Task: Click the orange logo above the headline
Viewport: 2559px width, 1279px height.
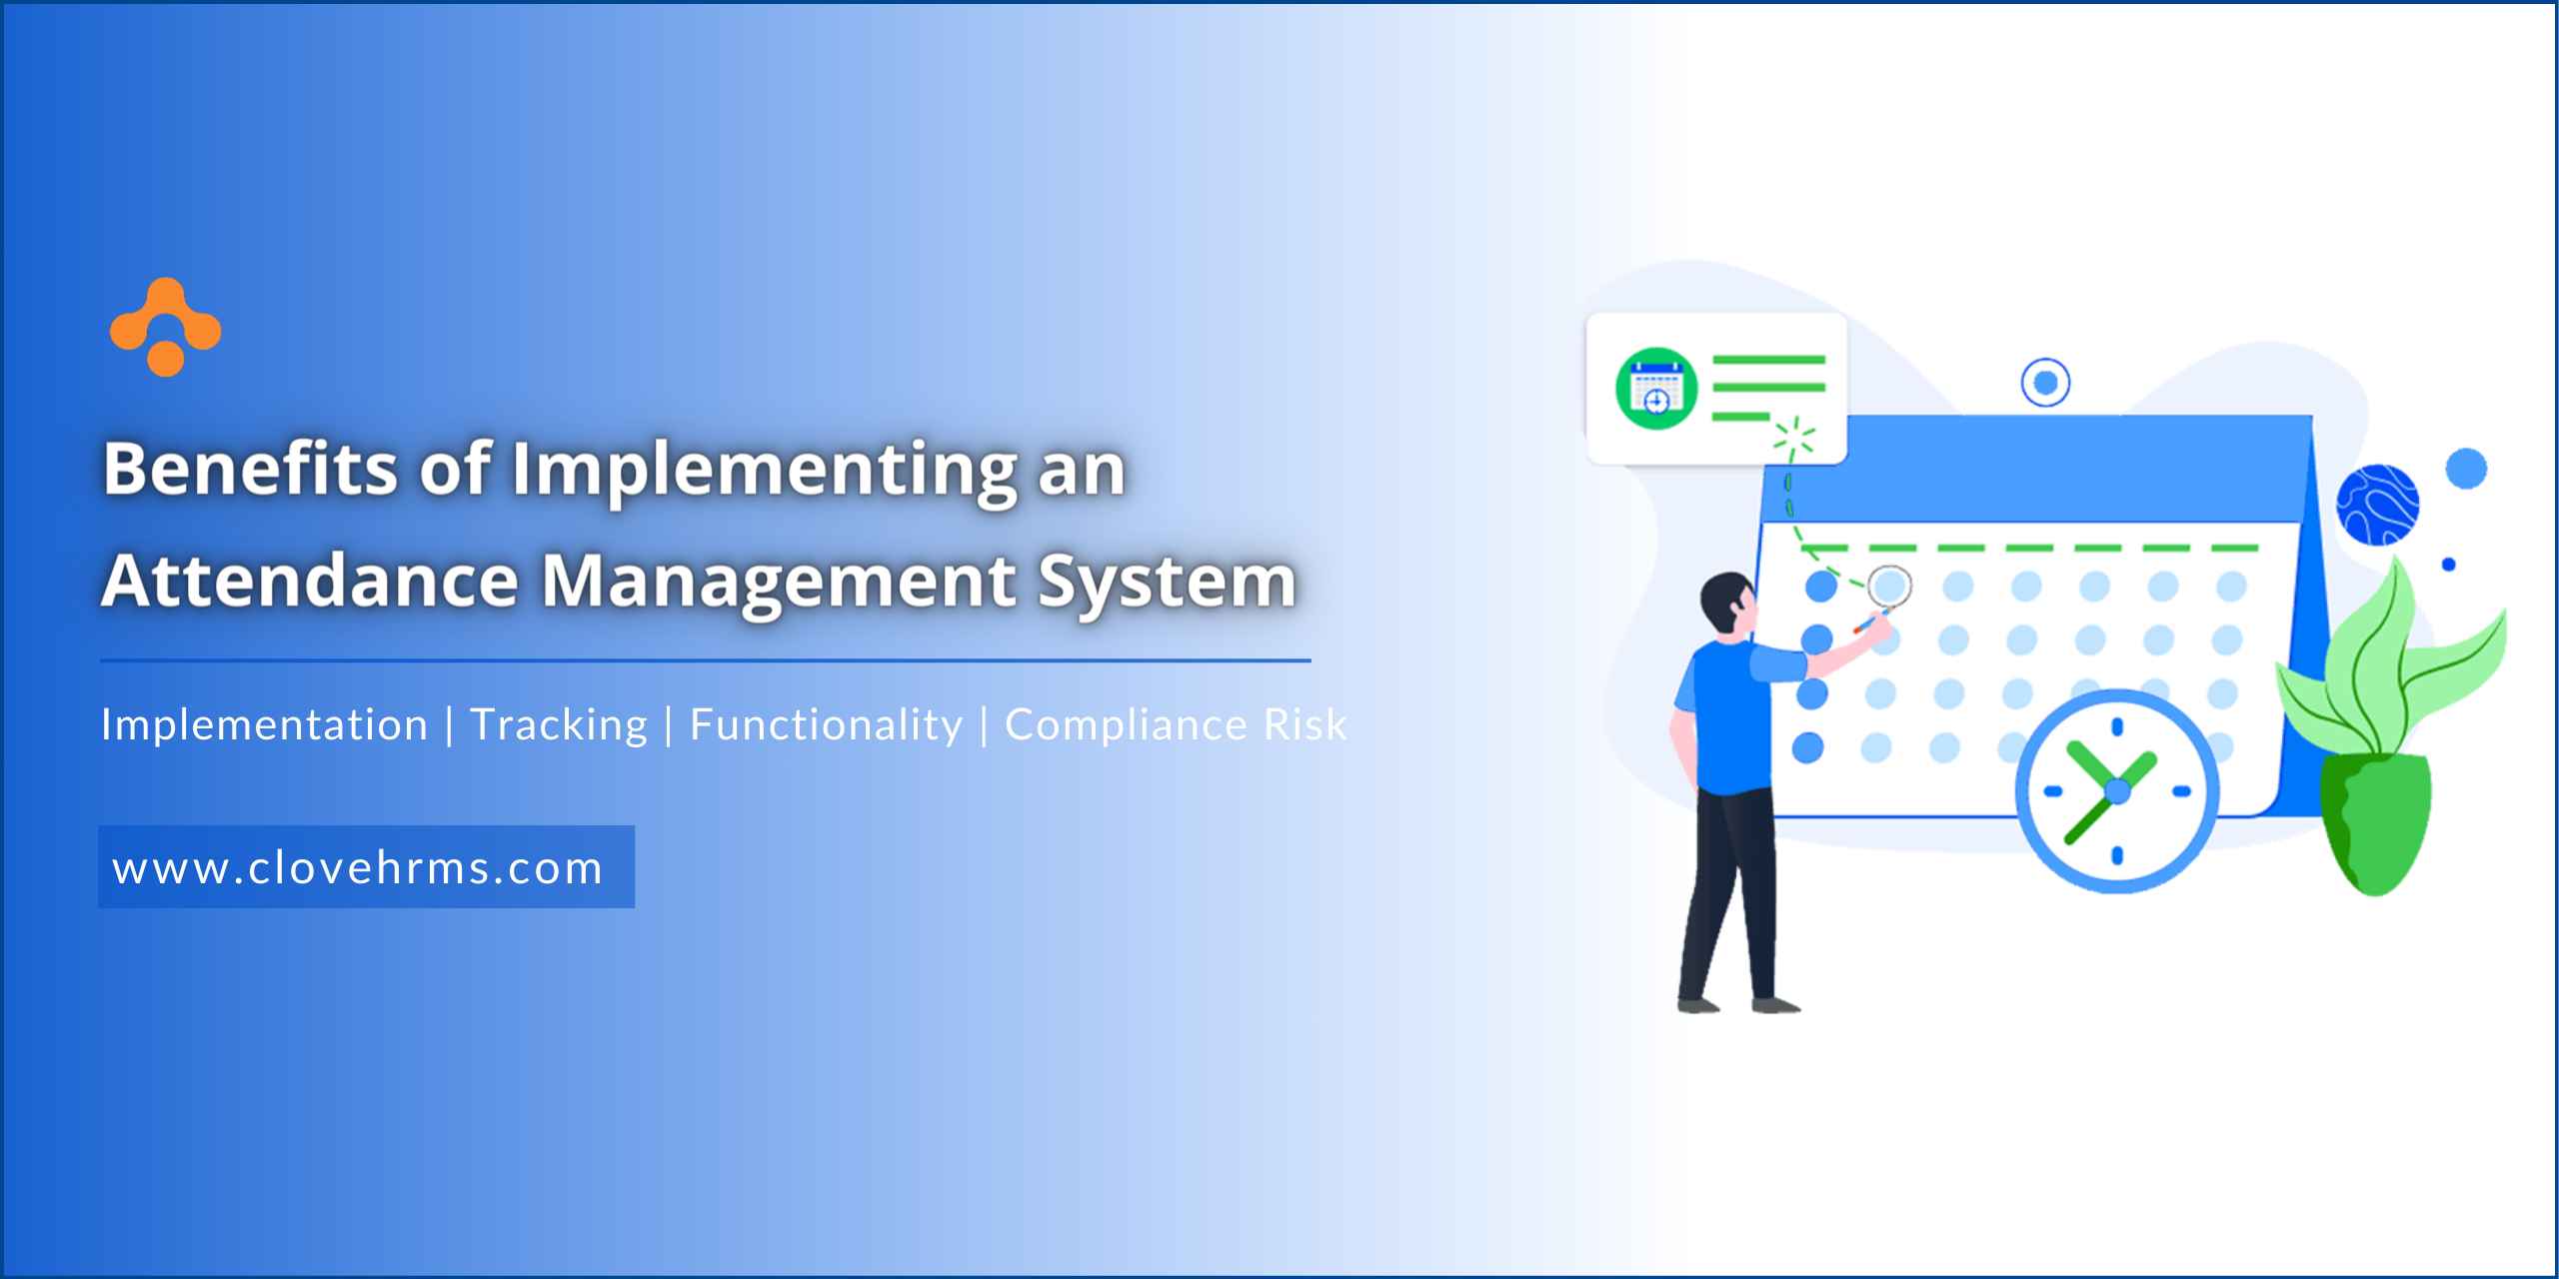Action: tap(165, 327)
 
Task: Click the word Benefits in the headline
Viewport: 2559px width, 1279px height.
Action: tap(251, 468)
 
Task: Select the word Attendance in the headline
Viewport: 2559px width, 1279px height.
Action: tap(310, 581)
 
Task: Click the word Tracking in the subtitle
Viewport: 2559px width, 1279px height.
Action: tap(559, 725)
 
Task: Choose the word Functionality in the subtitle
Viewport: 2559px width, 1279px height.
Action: tap(826, 725)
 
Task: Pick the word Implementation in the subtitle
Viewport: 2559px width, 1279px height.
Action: tap(265, 724)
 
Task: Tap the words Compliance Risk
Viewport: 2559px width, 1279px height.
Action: tap(1176, 725)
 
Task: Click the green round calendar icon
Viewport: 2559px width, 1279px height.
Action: tap(1656, 388)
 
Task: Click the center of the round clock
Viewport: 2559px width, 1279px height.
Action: tap(2117, 791)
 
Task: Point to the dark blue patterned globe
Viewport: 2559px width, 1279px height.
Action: tap(2377, 505)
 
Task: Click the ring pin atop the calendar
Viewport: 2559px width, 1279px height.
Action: tap(2045, 383)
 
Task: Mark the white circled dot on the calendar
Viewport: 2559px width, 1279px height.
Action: tap(1888, 587)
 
